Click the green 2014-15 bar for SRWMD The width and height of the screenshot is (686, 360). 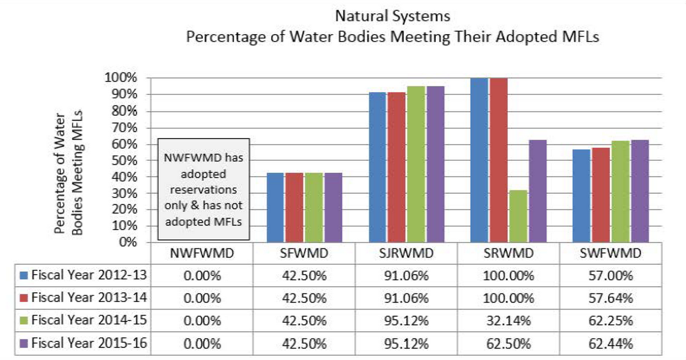click(x=517, y=216)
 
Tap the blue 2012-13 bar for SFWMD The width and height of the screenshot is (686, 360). click(x=275, y=208)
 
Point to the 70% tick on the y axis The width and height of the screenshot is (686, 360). click(x=125, y=128)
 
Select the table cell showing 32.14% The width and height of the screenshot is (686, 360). click(x=509, y=321)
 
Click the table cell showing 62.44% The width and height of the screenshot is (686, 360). click(x=611, y=344)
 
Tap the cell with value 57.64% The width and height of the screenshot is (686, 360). click(x=611, y=298)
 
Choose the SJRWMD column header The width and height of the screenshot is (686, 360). click(x=406, y=253)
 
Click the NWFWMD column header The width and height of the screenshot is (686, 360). click(x=201, y=253)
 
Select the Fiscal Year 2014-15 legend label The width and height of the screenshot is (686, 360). click(x=89, y=321)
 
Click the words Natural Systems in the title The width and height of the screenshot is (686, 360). click(x=393, y=13)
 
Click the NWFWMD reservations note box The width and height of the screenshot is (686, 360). click(x=203, y=189)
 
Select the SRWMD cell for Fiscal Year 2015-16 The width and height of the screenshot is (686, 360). click(x=509, y=344)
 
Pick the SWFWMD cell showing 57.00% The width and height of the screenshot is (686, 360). click(x=611, y=275)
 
